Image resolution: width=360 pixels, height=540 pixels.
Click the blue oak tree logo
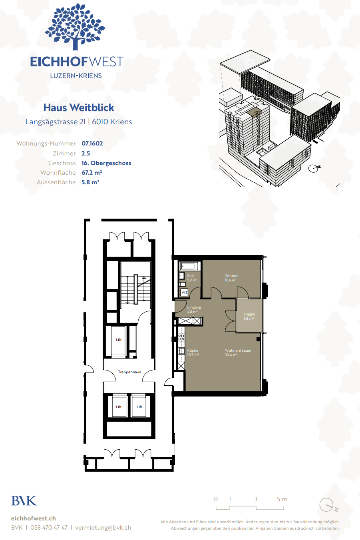75,26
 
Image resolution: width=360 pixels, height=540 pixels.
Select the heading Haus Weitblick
79,108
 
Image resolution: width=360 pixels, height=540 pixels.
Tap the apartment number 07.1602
92,143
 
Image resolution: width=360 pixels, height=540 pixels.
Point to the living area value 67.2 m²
92,173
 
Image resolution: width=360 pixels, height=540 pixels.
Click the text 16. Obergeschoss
106,163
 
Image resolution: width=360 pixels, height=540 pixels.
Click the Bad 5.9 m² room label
192,278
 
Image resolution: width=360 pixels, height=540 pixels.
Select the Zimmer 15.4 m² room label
232,278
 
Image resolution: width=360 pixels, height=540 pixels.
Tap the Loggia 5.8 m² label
249,316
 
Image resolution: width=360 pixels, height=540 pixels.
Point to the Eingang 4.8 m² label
194,309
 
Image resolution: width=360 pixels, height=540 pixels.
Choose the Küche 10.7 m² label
193,353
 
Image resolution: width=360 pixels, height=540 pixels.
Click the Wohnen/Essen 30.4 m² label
238,353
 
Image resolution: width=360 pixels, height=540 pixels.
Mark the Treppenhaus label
129,372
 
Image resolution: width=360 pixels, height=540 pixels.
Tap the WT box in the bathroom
184,293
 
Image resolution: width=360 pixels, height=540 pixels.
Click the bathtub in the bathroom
189,266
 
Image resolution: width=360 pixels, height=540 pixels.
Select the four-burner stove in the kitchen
181,337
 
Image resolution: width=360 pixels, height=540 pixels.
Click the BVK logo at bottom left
24,501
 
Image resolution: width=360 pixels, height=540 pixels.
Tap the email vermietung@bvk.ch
103,528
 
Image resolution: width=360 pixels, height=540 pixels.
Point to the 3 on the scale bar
256,499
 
